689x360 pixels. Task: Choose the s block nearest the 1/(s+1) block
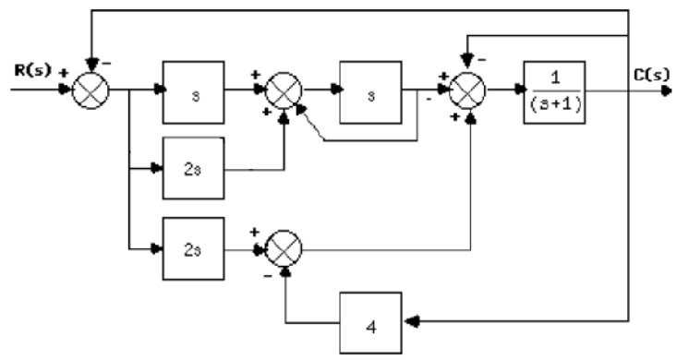click(370, 93)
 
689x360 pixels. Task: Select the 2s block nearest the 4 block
click(192, 247)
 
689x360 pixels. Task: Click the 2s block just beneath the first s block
click(192, 169)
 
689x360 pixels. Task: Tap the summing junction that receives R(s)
click(93, 92)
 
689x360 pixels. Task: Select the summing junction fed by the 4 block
click(286, 248)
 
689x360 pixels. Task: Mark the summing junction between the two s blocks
click(286, 92)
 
